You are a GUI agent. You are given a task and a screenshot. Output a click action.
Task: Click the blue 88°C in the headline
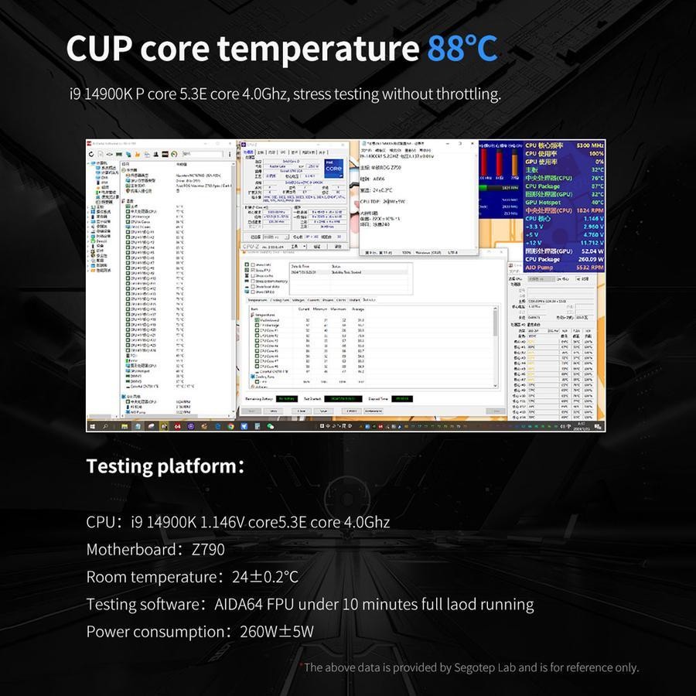[462, 48]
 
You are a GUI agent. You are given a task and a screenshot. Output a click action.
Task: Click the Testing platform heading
[165, 466]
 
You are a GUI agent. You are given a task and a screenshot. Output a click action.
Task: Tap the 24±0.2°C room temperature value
[264, 577]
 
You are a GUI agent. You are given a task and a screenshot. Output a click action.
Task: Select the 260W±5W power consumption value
[277, 632]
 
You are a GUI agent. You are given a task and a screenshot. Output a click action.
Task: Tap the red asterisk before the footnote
[301, 665]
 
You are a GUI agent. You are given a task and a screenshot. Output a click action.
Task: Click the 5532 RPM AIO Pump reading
[588, 267]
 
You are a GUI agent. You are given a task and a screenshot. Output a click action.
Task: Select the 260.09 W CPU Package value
[585, 259]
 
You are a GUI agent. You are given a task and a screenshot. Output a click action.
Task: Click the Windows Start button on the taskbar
[92, 426]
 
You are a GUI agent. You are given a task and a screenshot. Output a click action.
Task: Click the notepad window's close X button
[473, 144]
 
